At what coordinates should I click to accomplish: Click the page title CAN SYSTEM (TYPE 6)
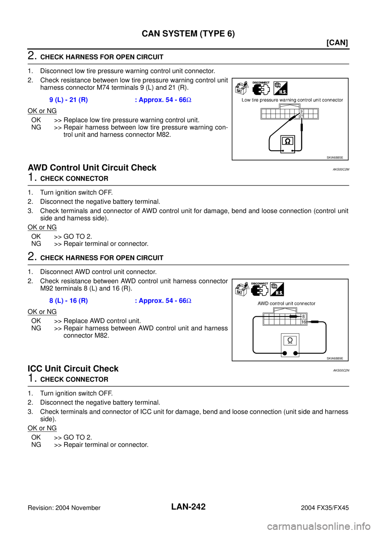(x=188, y=34)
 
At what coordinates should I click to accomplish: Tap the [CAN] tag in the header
(x=337, y=43)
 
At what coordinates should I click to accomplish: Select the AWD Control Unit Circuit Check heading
(x=92, y=168)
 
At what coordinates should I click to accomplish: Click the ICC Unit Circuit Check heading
(x=73, y=368)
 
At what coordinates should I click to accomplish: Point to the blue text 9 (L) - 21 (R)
(x=69, y=100)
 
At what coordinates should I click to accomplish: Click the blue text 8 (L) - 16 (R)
(x=69, y=301)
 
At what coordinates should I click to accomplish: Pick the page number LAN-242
(x=188, y=507)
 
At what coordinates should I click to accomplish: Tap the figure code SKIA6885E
(x=335, y=157)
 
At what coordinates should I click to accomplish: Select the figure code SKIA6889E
(x=335, y=358)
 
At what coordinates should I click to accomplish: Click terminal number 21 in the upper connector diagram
(x=301, y=116)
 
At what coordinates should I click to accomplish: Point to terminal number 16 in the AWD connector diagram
(x=304, y=322)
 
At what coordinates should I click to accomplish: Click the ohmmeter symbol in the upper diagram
(x=287, y=141)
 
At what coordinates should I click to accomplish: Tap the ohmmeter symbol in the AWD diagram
(x=290, y=341)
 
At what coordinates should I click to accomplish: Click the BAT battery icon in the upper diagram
(x=241, y=88)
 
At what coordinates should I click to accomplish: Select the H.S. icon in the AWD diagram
(x=277, y=289)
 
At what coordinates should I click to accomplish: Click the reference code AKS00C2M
(x=341, y=169)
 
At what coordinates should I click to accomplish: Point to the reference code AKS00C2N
(x=341, y=370)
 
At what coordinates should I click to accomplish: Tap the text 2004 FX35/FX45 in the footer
(x=325, y=508)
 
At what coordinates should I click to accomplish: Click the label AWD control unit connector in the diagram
(x=286, y=303)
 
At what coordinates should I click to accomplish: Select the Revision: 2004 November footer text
(x=64, y=508)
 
